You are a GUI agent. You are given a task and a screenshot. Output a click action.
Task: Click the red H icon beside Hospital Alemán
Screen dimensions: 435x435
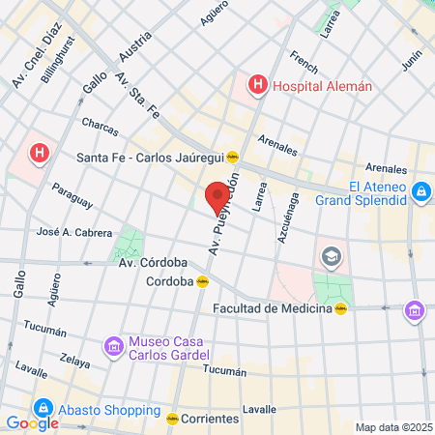coord(257,85)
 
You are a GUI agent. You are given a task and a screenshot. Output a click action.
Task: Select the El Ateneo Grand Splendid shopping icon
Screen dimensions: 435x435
coord(421,193)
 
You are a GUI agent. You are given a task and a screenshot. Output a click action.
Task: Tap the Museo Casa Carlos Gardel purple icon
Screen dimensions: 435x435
coord(114,345)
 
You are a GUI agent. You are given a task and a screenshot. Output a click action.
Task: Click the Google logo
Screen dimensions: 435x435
coord(32,422)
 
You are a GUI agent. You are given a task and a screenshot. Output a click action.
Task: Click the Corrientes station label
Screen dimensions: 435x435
coord(211,419)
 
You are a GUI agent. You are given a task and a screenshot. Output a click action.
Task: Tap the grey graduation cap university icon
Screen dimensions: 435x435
coord(332,256)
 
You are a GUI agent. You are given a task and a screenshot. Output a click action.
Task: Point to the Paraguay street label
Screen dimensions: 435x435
coord(72,196)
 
